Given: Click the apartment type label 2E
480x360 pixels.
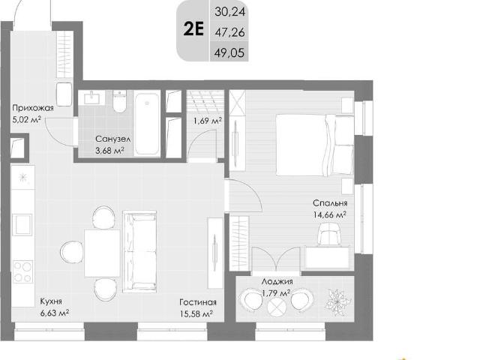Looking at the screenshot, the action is pyautogui.click(x=193, y=30).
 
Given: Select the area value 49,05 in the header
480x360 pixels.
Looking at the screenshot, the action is pyautogui.click(x=229, y=53).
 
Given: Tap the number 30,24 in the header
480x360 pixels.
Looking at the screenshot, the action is pyautogui.click(x=229, y=12).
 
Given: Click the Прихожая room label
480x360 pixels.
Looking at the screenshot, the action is pyautogui.click(x=33, y=108).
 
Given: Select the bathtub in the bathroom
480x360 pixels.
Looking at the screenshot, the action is pyautogui.click(x=147, y=124).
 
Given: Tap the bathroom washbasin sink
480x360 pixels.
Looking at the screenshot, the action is pyautogui.click(x=91, y=97).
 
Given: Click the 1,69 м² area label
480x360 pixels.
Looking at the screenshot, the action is pyautogui.click(x=207, y=121).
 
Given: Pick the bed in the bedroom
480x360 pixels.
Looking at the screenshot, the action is pyautogui.click(x=315, y=145).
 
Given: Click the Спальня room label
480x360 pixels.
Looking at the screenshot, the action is pyautogui.click(x=330, y=203).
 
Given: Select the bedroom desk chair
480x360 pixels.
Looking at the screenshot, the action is pyautogui.click(x=330, y=234).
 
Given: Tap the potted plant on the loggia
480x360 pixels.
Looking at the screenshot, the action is pyautogui.click(x=337, y=301).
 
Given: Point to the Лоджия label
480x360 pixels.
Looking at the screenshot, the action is pyautogui.click(x=277, y=281).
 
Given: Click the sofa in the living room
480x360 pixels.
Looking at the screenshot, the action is pyautogui.click(x=139, y=251).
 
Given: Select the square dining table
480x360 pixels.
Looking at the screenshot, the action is pyautogui.click(x=102, y=253).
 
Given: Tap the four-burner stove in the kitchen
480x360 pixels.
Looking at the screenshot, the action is pyautogui.click(x=22, y=271).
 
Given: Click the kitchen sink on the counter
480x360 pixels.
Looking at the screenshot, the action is pyautogui.click(x=22, y=225).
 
